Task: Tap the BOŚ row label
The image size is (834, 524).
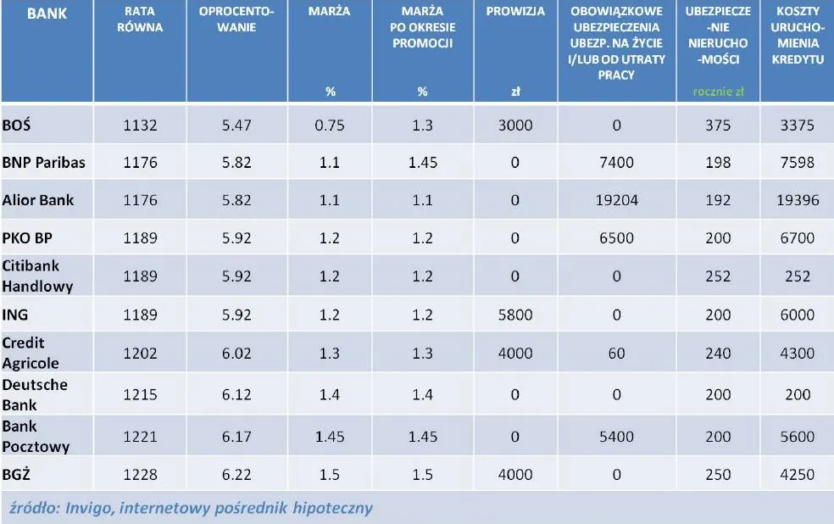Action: pyautogui.click(x=17, y=125)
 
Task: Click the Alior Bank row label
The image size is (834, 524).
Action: pyautogui.click(x=38, y=200)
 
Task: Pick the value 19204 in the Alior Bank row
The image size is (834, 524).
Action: pyautogui.click(x=616, y=201)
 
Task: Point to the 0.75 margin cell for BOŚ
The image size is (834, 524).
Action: pyautogui.click(x=331, y=125)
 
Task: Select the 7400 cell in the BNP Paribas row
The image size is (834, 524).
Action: pyautogui.click(x=616, y=163)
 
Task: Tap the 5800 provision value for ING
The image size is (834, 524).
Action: pyautogui.click(x=514, y=315)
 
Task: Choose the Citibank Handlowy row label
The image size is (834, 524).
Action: pyautogui.click(x=38, y=276)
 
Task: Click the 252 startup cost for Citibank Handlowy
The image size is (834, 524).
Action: pyautogui.click(x=797, y=276)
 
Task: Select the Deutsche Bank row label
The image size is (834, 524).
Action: pyautogui.click(x=35, y=394)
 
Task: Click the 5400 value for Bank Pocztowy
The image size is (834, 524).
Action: pyautogui.click(x=616, y=437)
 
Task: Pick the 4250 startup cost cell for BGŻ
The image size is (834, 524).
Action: pyautogui.click(x=797, y=473)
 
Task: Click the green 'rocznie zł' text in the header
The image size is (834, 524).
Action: pyautogui.click(x=718, y=92)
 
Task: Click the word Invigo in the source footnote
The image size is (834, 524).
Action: pyautogui.click(x=89, y=509)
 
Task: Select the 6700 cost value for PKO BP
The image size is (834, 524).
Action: pyautogui.click(x=797, y=239)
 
